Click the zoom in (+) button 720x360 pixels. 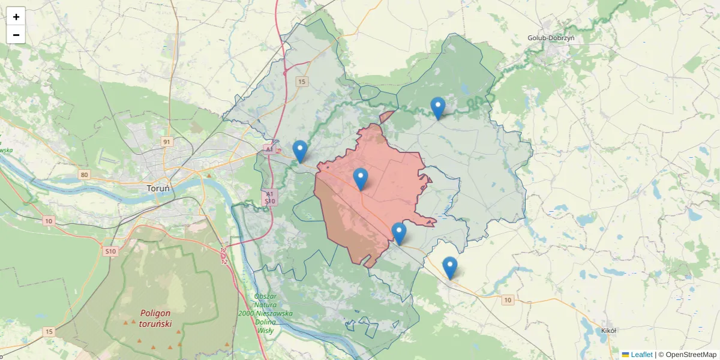[x=16, y=17]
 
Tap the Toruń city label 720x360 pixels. [x=158, y=188]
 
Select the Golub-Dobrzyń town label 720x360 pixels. [x=551, y=38]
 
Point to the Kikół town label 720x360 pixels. [x=609, y=330]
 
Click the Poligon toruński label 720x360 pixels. [x=156, y=318]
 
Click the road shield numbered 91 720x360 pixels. [x=167, y=142]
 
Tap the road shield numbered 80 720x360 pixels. [x=83, y=175]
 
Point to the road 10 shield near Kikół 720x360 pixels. [x=508, y=300]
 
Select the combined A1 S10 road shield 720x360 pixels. [x=270, y=198]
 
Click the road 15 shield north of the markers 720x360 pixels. [x=301, y=82]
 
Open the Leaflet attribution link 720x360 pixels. [x=641, y=355]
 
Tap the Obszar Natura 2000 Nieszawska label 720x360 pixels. [x=265, y=313]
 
